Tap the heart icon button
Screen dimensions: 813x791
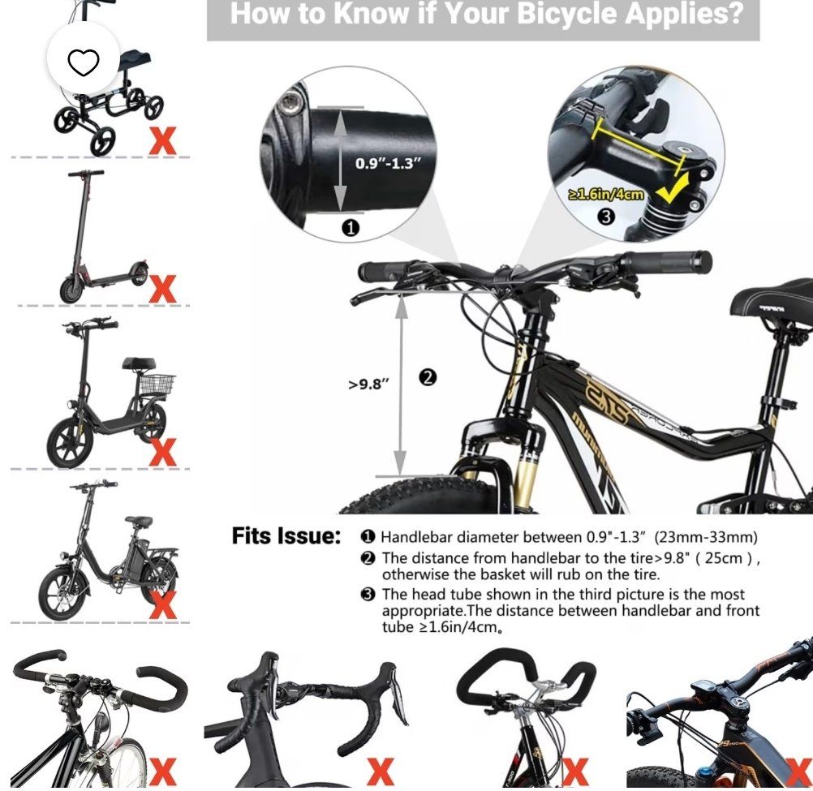84,62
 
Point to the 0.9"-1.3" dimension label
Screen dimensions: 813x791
388,163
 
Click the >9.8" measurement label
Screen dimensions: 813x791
368,384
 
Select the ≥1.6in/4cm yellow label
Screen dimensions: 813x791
607,194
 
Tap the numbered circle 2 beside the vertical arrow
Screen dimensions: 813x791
428,377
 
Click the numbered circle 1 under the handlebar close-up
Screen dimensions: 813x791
351,227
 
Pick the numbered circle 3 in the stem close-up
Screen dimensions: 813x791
605,217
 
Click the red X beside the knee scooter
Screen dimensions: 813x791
162,142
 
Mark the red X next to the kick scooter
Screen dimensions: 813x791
162,289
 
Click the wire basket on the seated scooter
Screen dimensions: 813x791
157,384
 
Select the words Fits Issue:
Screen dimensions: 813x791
286,536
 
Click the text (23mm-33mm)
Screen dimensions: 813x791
706,537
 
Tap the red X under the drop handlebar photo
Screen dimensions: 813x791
381,772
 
